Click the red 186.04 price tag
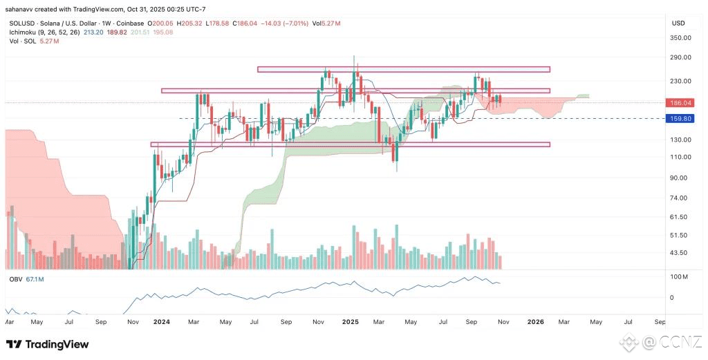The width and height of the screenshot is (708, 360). (x=681, y=102)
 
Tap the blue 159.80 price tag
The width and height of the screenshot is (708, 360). (x=681, y=119)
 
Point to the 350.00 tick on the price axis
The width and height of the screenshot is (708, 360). (x=681, y=37)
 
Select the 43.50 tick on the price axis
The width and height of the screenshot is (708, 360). (x=681, y=253)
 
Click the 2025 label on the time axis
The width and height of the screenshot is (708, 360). (x=350, y=322)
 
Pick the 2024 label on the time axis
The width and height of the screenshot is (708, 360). (x=161, y=322)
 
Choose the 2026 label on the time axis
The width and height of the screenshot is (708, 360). (x=536, y=322)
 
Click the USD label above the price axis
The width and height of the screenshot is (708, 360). (x=678, y=23)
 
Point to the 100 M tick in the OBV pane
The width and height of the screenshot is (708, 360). (x=680, y=277)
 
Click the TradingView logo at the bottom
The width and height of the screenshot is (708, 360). (x=48, y=344)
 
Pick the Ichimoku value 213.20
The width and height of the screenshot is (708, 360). (x=93, y=32)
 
